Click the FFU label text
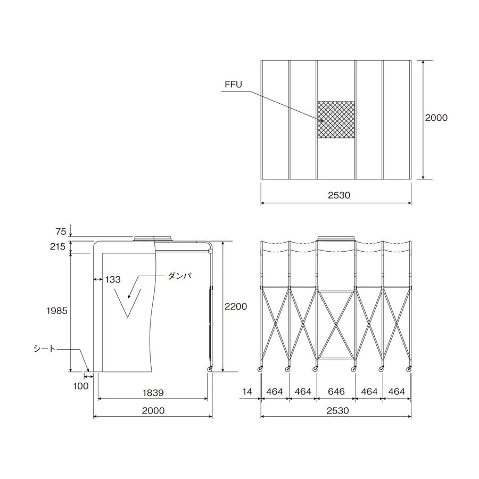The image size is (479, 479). (x=234, y=84)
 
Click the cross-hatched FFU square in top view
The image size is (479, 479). (x=336, y=120)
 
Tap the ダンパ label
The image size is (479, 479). (x=180, y=276)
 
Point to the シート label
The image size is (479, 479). (x=45, y=349)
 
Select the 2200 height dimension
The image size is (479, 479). (x=236, y=306)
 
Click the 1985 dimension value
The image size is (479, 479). (x=57, y=311)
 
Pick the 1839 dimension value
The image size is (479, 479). (x=153, y=393)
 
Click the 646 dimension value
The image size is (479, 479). (x=336, y=391)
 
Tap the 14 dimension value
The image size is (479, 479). (x=247, y=391)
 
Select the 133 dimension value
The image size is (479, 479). (x=113, y=279)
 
